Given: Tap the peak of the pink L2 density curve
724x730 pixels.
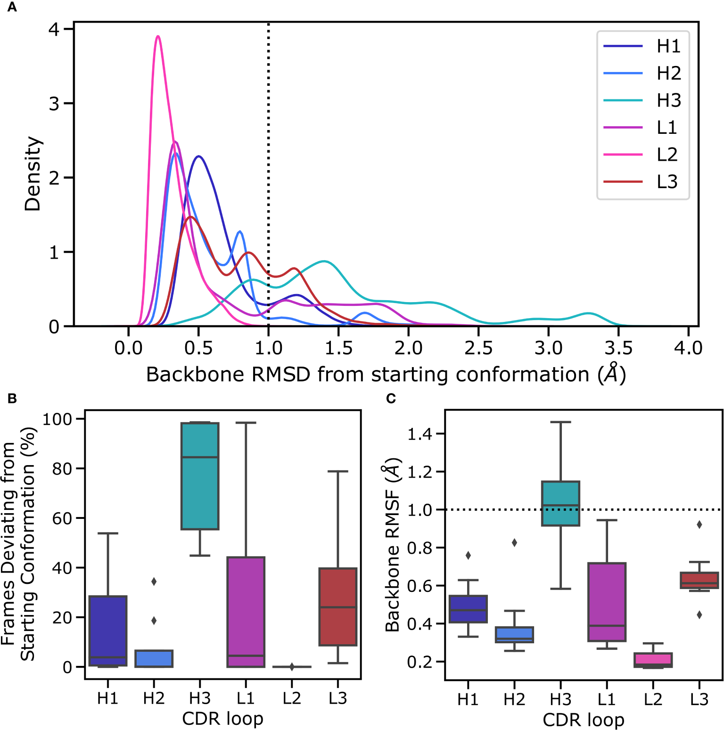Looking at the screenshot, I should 158,36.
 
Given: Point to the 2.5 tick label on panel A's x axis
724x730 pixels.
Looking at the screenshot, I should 478,348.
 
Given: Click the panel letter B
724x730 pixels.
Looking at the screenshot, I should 12,399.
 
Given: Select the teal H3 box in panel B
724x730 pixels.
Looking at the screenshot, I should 200,476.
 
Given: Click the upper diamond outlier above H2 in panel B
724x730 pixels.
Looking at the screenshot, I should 154,582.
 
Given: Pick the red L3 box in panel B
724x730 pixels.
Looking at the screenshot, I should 338,607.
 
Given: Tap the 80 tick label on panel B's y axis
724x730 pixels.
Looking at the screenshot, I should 62,468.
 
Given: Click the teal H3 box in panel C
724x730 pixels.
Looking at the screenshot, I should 560,503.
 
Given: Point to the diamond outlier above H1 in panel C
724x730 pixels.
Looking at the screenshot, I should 468,556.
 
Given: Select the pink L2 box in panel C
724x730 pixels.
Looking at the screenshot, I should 653,660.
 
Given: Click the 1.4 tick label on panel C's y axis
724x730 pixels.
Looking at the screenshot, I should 420,434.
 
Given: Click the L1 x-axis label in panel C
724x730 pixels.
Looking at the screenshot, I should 607,699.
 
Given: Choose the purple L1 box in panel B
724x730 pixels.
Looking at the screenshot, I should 246,612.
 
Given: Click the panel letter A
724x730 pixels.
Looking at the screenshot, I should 12,8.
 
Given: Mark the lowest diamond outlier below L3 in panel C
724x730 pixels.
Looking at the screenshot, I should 699,615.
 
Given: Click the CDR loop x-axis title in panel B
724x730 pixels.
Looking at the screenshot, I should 222,719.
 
